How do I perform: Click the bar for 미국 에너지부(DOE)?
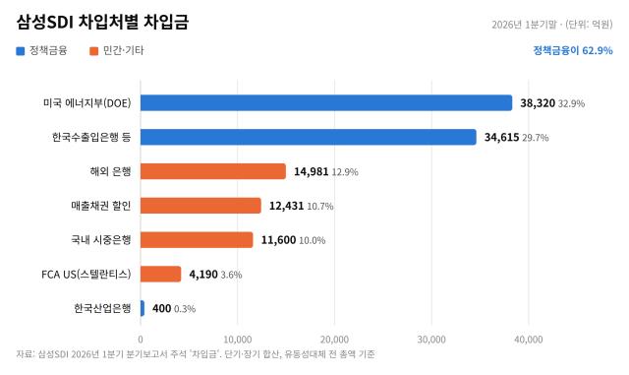point(326,103)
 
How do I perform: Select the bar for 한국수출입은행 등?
point(308,137)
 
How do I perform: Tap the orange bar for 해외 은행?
point(213,171)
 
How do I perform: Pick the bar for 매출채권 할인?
point(200,206)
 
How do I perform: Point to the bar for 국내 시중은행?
point(197,240)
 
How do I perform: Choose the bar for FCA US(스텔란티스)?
point(161,275)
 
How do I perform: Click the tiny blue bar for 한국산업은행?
point(143,308)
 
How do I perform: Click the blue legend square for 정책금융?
point(20,51)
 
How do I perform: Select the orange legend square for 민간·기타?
point(94,51)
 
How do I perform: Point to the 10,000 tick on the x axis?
point(238,340)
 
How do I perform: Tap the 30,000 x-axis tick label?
point(431,340)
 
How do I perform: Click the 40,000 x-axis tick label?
point(529,340)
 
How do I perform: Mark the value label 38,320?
point(538,103)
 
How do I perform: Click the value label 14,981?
point(312,171)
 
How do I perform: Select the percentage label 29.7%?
point(536,138)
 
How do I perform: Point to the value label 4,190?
point(203,275)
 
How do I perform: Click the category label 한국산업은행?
point(102,308)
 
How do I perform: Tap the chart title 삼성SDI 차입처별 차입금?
point(102,22)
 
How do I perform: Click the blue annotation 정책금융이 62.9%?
point(573,50)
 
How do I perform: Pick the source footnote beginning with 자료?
point(196,354)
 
